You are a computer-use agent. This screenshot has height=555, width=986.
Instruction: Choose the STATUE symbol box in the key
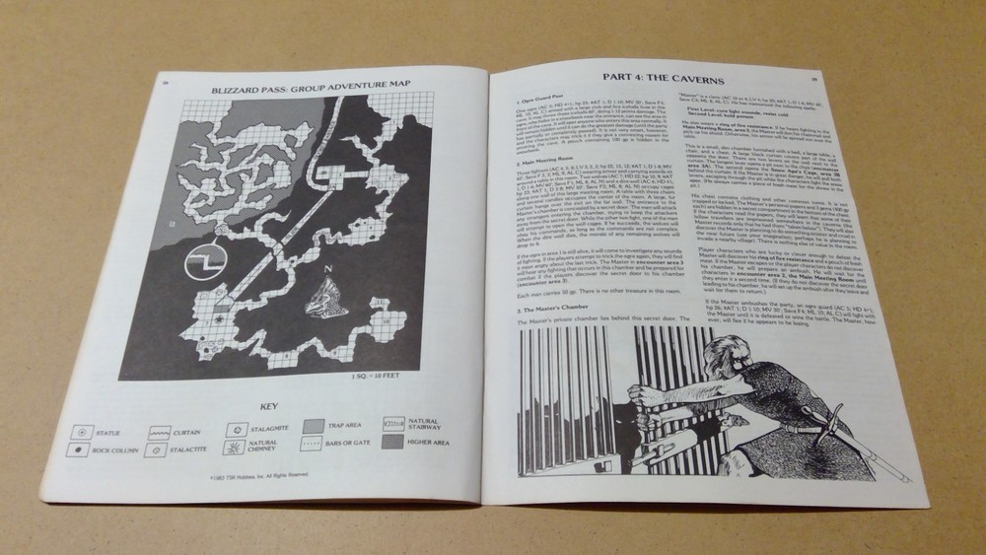(x=76, y=430)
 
